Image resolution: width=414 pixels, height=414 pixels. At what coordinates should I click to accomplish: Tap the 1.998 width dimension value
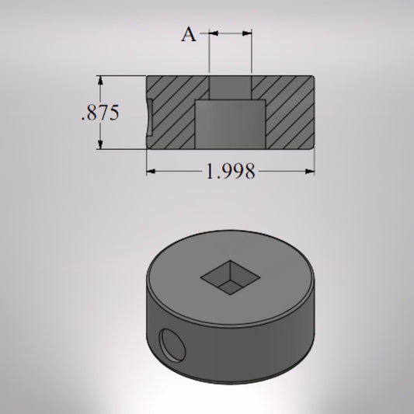click(x=231, y=171)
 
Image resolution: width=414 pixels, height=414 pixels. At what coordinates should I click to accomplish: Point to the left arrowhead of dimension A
click(x=214, y=33)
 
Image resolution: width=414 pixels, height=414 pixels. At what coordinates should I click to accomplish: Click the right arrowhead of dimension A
click(x=248, y=33)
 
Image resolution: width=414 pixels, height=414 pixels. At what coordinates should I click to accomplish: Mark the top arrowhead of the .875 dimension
click(x=100, y=79)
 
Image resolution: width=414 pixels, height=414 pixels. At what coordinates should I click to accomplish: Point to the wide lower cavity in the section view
click(x=231, y=124)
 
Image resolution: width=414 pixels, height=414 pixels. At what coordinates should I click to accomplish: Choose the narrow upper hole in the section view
click(x=231, y=87)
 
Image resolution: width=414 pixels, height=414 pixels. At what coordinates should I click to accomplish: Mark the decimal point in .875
click(x=83, y=118)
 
